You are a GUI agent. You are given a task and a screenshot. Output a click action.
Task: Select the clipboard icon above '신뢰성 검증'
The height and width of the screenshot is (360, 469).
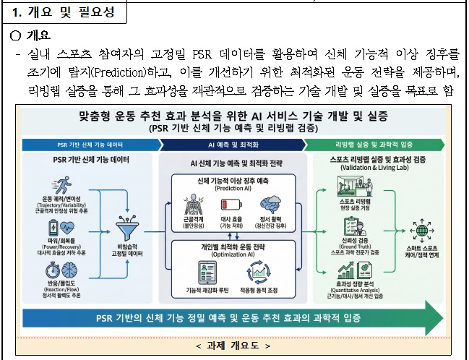(x=351, y=227)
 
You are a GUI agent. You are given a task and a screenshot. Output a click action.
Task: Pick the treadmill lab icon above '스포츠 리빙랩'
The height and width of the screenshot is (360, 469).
(x=352, y=185)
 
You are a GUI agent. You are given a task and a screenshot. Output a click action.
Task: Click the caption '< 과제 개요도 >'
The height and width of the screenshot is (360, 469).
(x=234, y=346)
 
